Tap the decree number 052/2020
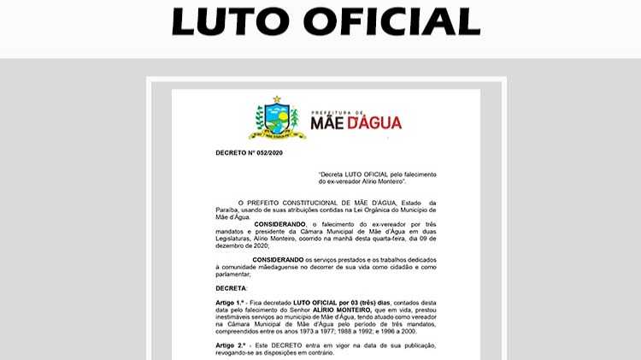(268, 153)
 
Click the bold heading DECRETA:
(231, 289)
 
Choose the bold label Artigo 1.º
(231, 304)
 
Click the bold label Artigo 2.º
(231, 345)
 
